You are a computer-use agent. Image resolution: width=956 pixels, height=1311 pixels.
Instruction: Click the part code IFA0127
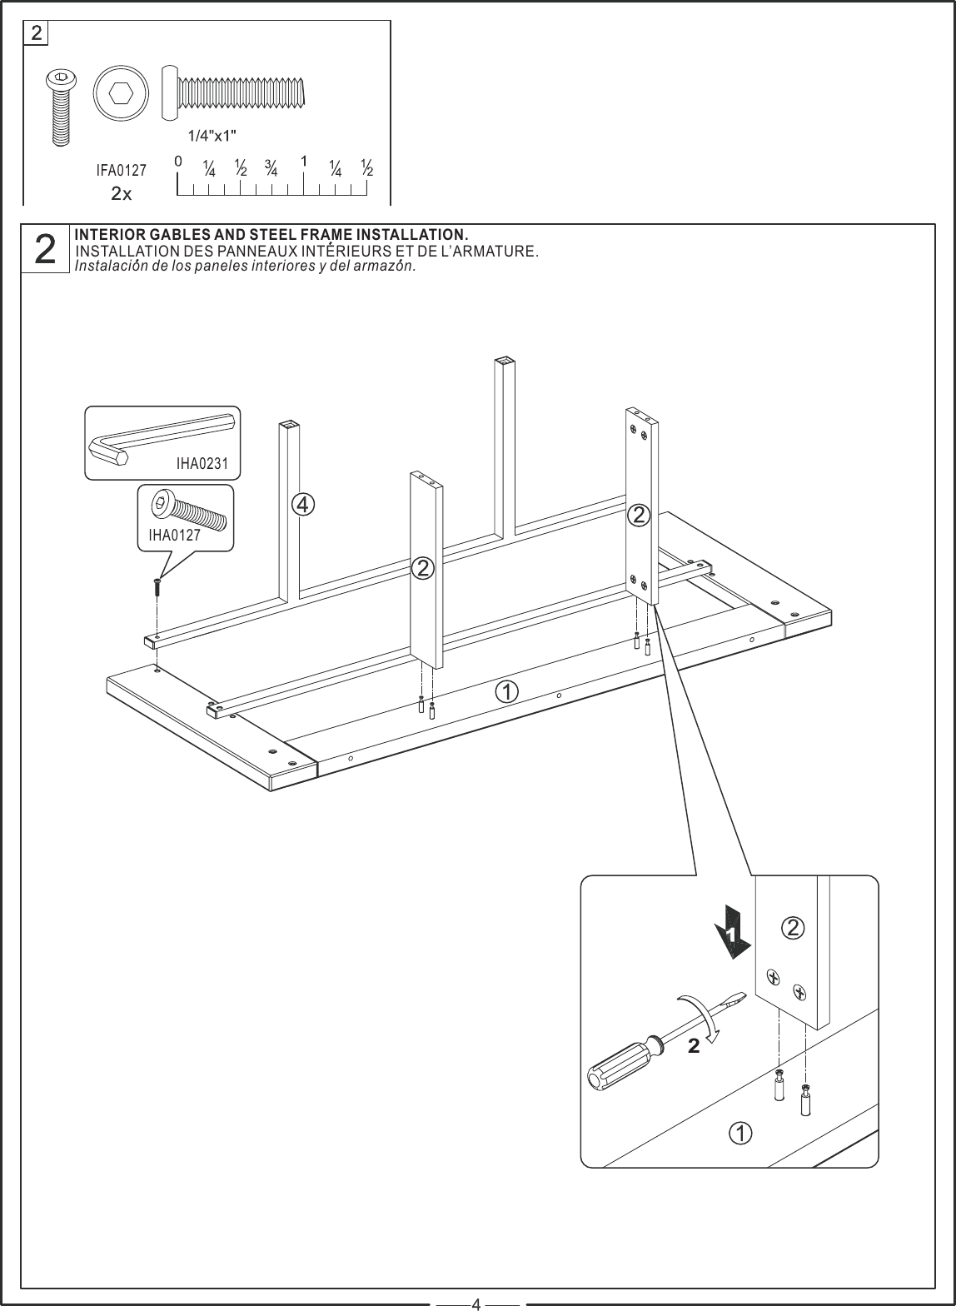click(x=121, y=171)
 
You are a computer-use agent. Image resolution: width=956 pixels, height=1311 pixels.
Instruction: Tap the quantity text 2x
click(x=121, y=193)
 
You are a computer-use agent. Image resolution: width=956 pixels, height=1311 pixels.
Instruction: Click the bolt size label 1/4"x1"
click(x=212, y=134)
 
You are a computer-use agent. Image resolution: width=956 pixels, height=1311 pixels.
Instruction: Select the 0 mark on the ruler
click(x=177, y=160)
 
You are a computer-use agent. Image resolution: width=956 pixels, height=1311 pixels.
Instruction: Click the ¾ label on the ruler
click(x=271, y=167)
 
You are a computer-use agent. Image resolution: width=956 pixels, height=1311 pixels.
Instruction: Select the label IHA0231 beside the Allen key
click(x=202, y=464)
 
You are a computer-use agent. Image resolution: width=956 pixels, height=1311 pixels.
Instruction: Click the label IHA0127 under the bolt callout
click(x=174, y=536)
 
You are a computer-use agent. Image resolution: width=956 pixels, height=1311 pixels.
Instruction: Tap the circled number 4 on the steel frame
click(x=303, y=504)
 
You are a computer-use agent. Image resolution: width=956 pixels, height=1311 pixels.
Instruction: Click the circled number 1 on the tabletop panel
click(x=505, y=690)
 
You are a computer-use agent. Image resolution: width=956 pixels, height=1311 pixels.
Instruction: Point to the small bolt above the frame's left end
click(x=156, y=586)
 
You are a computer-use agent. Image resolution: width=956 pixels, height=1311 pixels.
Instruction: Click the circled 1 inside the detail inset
click(x=740, y=1133)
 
